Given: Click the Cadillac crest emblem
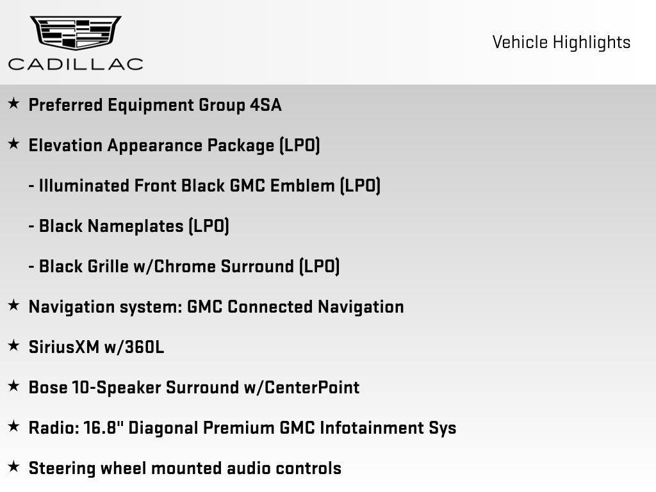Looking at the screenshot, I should tap(76, 32).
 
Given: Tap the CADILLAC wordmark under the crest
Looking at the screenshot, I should tap(76, 64).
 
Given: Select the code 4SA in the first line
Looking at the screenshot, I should tap(265, 105).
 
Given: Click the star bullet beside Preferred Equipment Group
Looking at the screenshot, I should tap(13, 104).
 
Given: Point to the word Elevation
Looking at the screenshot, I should tap(65, 145).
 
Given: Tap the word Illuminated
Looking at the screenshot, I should tap(84, 186).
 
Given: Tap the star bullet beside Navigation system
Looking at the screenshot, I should tap(13, 306).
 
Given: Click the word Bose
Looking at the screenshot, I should tap(46, 388).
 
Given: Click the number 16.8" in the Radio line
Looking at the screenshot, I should tap(104, 427).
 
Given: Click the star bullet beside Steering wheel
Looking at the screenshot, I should tap(13, 467).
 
